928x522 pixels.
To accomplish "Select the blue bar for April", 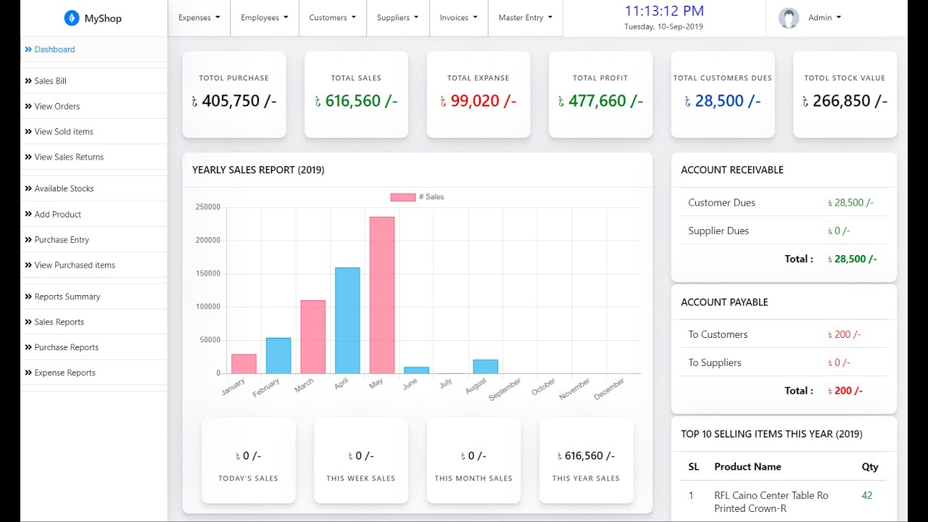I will pyautogui.click(x=347, y=320).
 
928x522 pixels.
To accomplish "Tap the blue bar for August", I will pyautogui.click(x=485, y=367).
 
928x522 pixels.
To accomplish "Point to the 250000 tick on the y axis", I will pyautogui.click(x=207, y=207).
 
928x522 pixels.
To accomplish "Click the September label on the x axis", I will pyautogui.click(x=505, y=389).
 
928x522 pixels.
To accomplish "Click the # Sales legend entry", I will pyautogui.click(x=417, y=197).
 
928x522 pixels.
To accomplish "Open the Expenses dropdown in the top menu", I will pyautogui.click(x=199, y=17).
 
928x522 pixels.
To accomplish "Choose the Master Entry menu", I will pyautogui.click(x=525, y=17).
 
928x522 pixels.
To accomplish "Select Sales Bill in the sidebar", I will pyautogui.click(x=50, y=81).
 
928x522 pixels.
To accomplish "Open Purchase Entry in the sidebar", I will pyautogui.click(x=62, y=240).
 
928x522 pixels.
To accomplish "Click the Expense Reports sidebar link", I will pyautogui.click(x=65, y=373).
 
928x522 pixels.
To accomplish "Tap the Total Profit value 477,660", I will pyautogui.click(x=605, y=101).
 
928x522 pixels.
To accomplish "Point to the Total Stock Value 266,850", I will pyautogui.click(x=849, y=101).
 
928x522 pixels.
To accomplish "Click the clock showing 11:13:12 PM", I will pyautogui.click(x=663, y=12).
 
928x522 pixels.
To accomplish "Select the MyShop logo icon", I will pyautogui.click(x=72, y=18).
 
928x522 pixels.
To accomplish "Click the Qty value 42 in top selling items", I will pyautogui.click(x=866, y=496).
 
